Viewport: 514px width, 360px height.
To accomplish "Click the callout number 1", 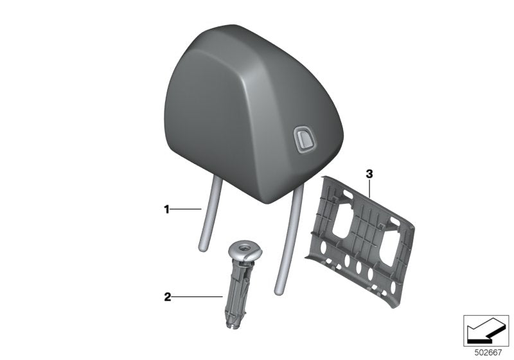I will [x=166, y=209].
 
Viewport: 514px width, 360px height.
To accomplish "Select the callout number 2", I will [x=167, y=297].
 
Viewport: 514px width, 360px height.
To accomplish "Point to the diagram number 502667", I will [x=485, y=352].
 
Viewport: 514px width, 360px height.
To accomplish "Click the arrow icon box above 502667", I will [x=485, y=330].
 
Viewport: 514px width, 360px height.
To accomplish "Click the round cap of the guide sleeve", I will [x=245, y=249].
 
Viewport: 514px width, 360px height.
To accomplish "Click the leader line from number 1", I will [x=186, y=209].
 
